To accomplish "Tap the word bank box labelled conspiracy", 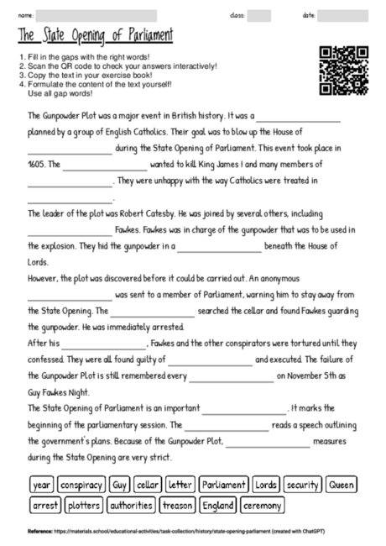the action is click(x=81, y=485).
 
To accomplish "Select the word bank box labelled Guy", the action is click(x=119, y=485).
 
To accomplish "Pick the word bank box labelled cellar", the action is click(x=148, y=485).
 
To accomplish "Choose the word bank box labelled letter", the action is click(x=180, y=485).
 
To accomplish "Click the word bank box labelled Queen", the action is click(x=342, y=485).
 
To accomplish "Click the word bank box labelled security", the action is click(x=302, y=485).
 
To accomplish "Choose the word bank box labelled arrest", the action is click(x=44, y=506).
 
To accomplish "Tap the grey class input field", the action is click(x=258, y=16).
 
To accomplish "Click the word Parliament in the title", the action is click(x=143, y=36).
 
